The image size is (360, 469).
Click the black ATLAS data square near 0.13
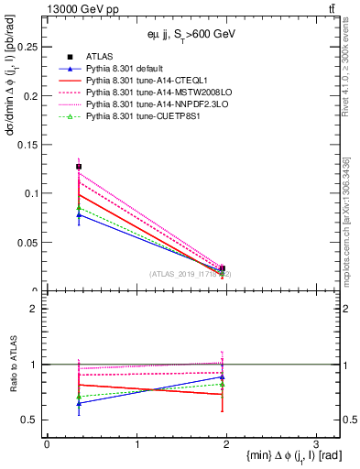(x=79, y=167)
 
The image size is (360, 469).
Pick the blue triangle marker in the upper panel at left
(x=79, y=215)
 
